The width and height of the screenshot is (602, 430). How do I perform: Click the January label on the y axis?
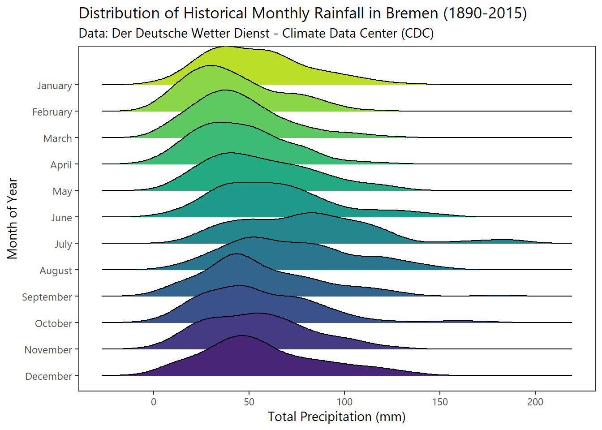pos(54,86)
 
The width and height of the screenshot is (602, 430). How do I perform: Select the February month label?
pos(52,112)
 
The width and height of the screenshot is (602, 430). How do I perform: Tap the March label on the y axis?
pos(57,138)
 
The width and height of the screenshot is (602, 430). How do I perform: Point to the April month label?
pos(61,165)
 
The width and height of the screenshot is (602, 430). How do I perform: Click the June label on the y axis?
pos(61,218)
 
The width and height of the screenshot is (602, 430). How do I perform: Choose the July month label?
pos(63,244)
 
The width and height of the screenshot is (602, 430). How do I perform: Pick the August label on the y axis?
pos(56,271)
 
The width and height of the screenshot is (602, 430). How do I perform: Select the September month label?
pos(47,297)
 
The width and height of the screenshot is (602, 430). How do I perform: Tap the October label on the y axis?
pos(53,323)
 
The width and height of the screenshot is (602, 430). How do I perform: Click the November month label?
pos(48,350)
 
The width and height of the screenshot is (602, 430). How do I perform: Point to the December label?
pos(48,376)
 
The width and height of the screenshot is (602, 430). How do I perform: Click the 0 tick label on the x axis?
pos(154,402)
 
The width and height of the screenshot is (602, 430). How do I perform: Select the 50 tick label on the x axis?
pos(249,402)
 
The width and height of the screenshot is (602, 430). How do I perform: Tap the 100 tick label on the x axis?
pos(344,402)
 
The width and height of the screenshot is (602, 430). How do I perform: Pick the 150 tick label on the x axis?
pos(440,402)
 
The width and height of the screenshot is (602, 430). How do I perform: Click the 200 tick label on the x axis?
pos(535,402)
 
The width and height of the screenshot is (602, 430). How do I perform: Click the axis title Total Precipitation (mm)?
pos(336,417)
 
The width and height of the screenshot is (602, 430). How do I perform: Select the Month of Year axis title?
pos(13,219)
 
